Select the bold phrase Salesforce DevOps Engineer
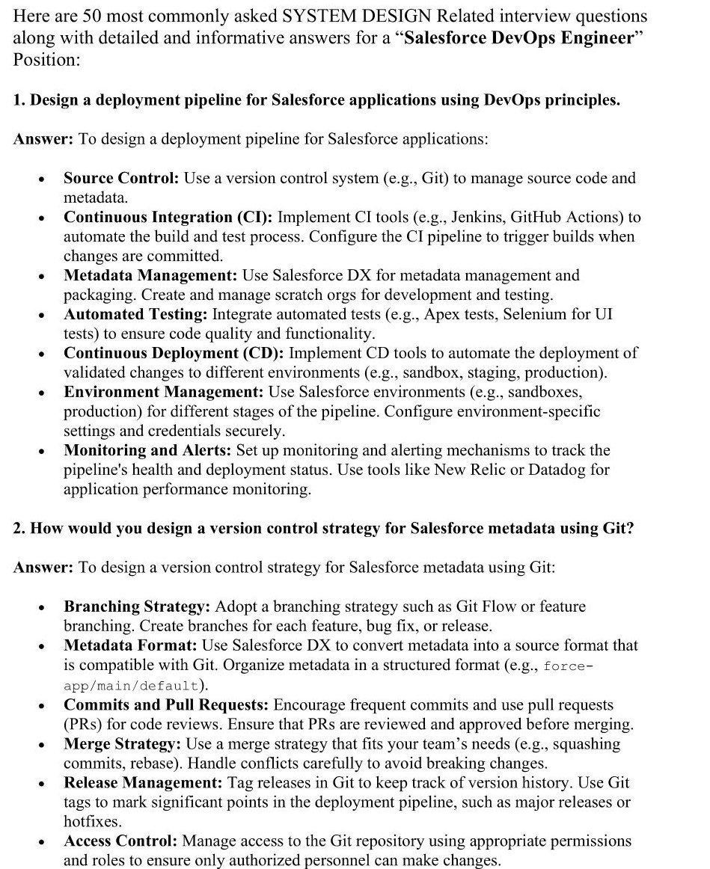point(518,38)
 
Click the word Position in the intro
point(45,60)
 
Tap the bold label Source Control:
point(121,178)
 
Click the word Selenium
point(532,314)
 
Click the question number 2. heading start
point(19,529)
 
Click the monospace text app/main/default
point(130,685)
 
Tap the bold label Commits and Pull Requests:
point(166,705)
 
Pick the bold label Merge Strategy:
point(122,744)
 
